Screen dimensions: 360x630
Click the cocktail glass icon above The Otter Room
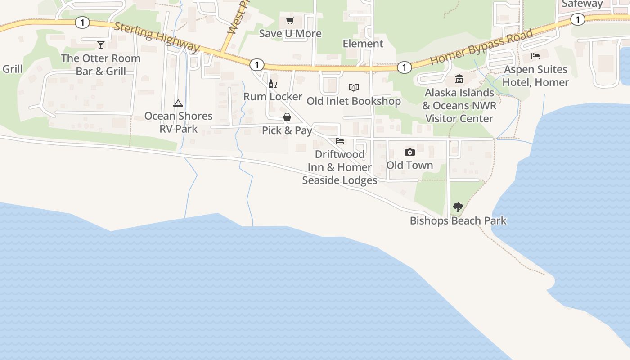(101, 45)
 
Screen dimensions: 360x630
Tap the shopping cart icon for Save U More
(290, 21)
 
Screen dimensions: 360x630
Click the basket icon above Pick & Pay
(287, 117)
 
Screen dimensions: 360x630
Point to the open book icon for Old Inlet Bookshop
(354, 87)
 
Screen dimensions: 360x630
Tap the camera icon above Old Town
(409, 152)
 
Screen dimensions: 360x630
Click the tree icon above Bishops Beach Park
(458, 207)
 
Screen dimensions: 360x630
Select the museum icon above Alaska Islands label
(459, 79)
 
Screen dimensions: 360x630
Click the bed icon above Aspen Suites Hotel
(535, 56)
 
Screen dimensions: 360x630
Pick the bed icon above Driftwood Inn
(340, 141)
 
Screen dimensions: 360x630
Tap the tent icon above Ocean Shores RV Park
(178, 103)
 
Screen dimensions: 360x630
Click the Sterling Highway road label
(157, 37)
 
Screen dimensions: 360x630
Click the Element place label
(363, 44)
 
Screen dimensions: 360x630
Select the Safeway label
(582, 4)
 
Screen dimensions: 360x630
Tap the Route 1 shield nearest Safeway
(577, 19)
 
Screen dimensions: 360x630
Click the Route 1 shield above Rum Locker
(256, 65)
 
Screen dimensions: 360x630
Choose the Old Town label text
(409, 165)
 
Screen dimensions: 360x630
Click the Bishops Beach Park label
(458, 221)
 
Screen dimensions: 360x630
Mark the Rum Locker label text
(273, 97)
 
